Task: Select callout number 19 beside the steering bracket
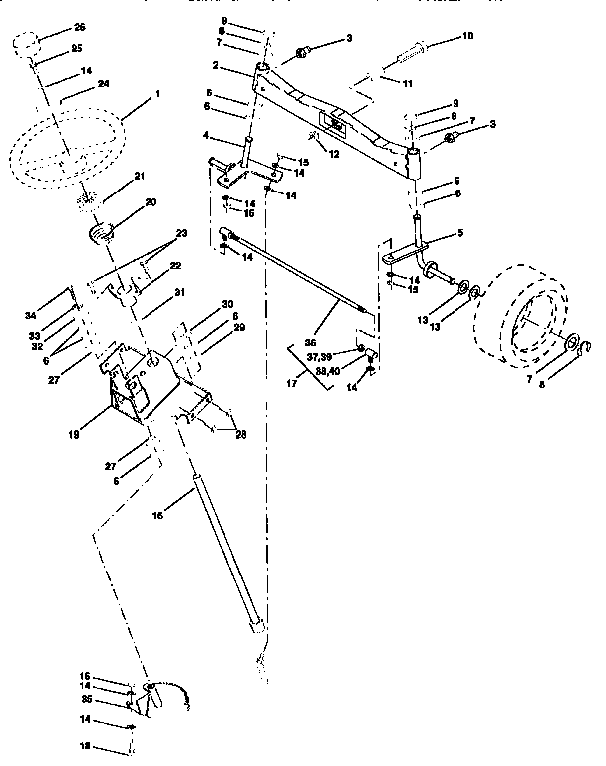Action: pyautogui.click(x=93, y=436)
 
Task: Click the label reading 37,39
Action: pyautogui.click(x=319, y=356)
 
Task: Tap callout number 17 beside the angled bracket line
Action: pyautogui.click(x=293, y=380)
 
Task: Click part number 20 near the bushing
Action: pyautogui.click(x=151, y=201)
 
